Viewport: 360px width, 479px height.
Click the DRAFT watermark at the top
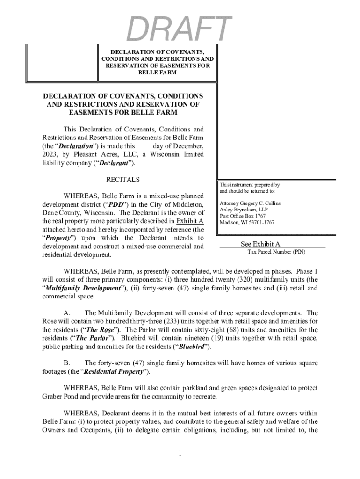179,29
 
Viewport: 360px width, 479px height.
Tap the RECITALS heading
123,180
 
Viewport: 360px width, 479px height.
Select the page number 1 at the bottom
180,453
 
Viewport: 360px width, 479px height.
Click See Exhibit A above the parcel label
260,244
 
